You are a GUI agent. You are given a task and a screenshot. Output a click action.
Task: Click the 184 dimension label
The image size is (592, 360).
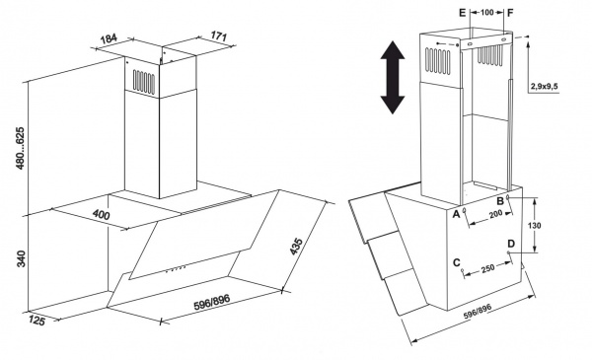pyautogui.click(x=110, y=38)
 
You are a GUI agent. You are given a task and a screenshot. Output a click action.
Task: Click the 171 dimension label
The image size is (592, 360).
pyautogui.click(x=219, y=36)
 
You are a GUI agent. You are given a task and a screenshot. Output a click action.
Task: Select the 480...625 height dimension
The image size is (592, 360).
pyautogui.click(x=20, y=148)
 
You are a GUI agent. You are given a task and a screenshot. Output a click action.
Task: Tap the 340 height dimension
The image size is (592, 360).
pyautogui.click(x=21, y=258)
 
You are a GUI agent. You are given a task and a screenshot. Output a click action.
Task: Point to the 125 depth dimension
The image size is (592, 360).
pyautogui.click(x=37, y=321)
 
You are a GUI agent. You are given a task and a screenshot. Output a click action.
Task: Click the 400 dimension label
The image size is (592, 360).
pyautogui.click(x=102, y=214)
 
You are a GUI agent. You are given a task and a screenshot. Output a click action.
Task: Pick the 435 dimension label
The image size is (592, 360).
pyautogui.click(x=296, y=247)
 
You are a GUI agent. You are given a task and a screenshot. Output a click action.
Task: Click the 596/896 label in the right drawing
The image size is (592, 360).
pyautogui.click(x=478, y=312)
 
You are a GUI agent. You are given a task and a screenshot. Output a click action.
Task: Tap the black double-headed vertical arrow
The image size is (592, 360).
pyautogui.click(x=393, y=77)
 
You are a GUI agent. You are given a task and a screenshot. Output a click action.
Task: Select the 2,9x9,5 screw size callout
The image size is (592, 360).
pyautogui.click(x=545, y=87)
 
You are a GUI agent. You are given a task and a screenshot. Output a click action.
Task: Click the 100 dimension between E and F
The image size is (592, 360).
pyautogui.click(x=487, y=13)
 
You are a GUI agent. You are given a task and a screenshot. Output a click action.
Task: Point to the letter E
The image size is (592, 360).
pyautogui.click(x=463, y=13)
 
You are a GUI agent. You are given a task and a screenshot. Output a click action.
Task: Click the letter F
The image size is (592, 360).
pyautogui.click(x=510, y=13)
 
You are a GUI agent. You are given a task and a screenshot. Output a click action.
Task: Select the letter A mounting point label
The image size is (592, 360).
pyautogui.click(x=456, y=214)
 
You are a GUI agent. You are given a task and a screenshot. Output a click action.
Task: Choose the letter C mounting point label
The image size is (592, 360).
pyautogui.click(x=457, y=262)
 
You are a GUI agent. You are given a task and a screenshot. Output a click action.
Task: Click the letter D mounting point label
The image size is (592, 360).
pyautogui.click(x=511, y=244)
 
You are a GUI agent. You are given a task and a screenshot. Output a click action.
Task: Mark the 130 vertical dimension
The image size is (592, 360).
pyautogui.click(x=534, y=225)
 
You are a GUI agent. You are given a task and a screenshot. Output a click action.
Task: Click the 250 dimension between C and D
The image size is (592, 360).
pyautogui.click(x=487, y=268)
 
